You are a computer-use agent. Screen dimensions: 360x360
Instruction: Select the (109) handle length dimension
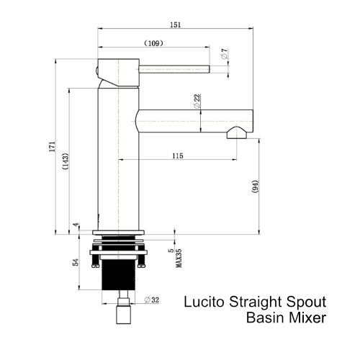pyautogui.click(x=153, y=44)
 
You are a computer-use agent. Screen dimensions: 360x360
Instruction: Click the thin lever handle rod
pyautogui.click(x=173, y=69)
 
